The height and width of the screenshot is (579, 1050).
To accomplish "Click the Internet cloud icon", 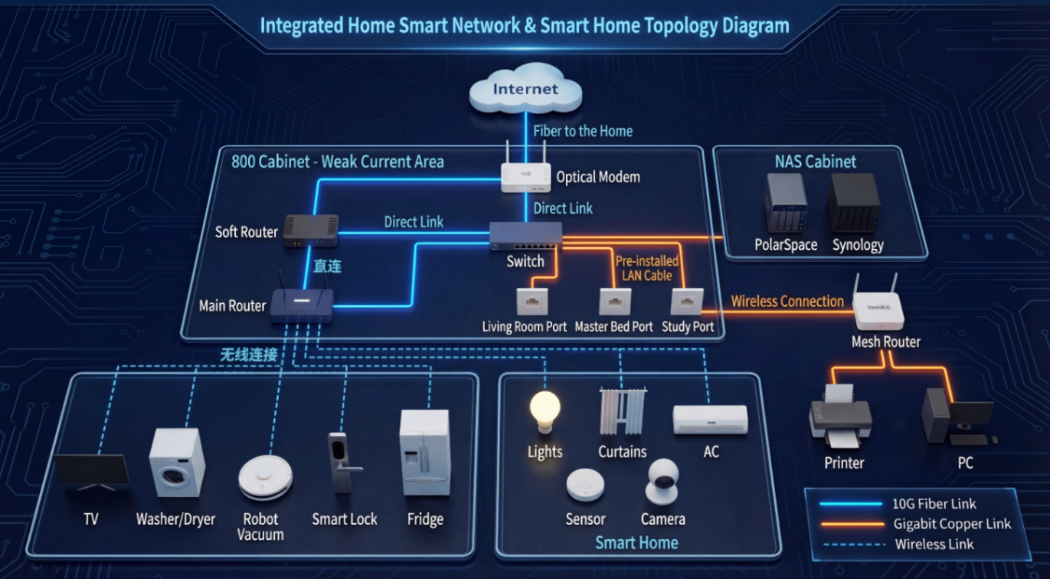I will coord(525,90).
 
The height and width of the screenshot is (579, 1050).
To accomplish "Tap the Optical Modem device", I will coord(525,176).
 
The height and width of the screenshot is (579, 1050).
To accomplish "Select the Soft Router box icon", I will coord(310,231).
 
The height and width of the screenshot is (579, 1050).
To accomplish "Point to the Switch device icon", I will coord(526,235).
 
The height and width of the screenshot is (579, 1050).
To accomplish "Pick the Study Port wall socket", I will coord(686,301).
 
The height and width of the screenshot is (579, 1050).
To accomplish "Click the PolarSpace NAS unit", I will coord(786,204).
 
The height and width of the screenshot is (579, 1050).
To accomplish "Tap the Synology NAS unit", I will coord(854,204).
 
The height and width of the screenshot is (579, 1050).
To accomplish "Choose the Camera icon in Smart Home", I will coord(662,482).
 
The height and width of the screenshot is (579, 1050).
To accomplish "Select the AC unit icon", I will coord(710,419).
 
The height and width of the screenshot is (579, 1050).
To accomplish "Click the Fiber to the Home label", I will coord(583,131).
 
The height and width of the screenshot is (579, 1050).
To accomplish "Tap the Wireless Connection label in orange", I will coord(787,301).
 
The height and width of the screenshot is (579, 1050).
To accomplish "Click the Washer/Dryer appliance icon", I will coord(177,463).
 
